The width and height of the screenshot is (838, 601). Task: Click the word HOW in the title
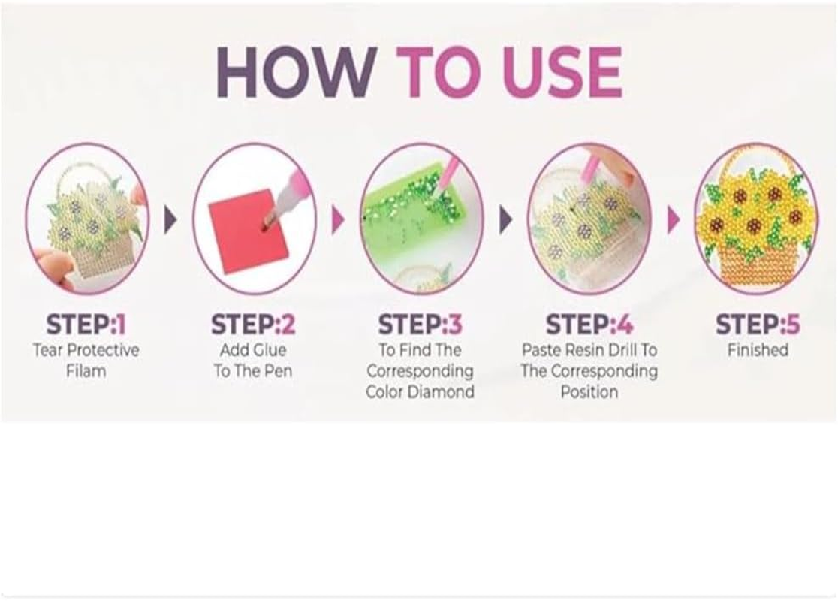coord(296,71)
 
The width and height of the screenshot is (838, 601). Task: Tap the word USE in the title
coord(563,71)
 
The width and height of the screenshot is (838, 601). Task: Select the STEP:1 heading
coord(86,324)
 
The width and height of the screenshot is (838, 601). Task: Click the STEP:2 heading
coord(253,324)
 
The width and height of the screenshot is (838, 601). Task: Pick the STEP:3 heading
coord(420,324)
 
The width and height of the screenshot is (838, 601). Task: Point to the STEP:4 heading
coord(589,324)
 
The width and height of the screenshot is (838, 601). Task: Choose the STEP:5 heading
coord(758,324)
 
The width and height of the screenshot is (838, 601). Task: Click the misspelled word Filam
coord(86,370)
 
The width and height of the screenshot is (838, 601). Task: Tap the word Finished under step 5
coord(758,349)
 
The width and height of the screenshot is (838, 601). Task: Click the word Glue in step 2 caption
coord(269,349)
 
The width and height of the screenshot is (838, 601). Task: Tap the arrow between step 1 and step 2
coord(170,219)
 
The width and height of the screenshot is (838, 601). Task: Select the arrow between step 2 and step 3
coord(338,219)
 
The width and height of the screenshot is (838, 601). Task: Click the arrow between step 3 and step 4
coord(505,219)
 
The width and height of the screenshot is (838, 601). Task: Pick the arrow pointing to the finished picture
coord(674,219)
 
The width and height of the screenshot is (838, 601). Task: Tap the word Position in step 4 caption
coord(589,392)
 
